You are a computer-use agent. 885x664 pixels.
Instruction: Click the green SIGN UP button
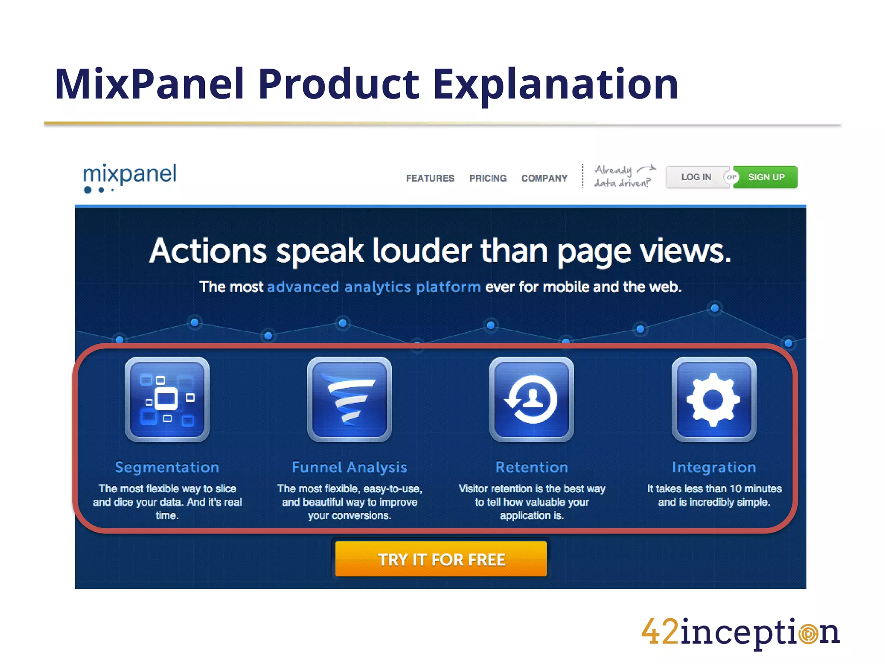766,177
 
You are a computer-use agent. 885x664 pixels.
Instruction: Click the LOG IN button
696,177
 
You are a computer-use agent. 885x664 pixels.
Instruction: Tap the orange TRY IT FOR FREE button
441,559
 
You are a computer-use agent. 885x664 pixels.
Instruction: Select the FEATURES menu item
430,178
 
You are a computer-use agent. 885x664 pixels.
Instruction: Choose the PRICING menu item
488,178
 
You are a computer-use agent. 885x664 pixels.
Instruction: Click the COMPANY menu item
544,178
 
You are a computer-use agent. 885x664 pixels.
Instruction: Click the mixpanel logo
130,177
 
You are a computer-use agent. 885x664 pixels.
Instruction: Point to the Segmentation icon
167,399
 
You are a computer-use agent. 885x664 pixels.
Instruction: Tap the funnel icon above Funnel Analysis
350,399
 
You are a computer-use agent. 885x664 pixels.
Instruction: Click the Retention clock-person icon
532,399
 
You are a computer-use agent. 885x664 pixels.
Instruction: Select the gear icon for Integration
714,399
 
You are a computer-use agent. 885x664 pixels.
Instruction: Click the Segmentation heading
167,467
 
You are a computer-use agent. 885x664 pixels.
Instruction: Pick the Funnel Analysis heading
350,467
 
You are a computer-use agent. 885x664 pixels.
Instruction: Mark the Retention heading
532,467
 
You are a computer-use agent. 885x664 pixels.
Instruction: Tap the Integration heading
714,467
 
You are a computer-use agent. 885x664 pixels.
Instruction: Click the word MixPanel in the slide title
150,84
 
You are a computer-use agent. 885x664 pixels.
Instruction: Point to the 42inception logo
740,632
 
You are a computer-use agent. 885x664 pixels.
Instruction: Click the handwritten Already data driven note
623,176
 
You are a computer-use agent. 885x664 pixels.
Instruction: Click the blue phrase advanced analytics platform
374,287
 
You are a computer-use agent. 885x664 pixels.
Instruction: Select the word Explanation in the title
556,84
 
